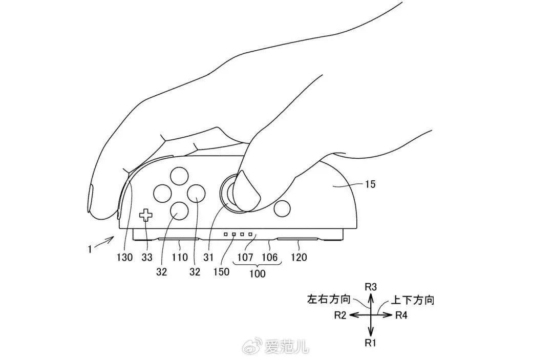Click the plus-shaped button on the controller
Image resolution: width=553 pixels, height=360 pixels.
[146, 216]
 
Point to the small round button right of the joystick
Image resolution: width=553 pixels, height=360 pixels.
[282, 208]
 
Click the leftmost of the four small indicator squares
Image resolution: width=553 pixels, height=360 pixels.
[225, 235]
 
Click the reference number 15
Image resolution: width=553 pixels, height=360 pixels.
[370, 184]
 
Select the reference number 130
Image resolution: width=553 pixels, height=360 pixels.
[124, 258]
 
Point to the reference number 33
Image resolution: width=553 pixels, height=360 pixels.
[147, 258]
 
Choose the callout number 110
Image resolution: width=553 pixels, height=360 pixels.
[180, 258]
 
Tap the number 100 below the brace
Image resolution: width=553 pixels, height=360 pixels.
[257, 274]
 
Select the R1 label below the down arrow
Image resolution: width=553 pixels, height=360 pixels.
[371, 343]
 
